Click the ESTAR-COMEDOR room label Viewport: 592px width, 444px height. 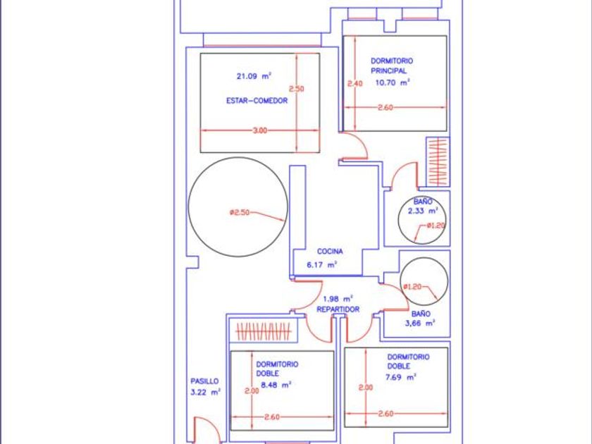tap(257, 101)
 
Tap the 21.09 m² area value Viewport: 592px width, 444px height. tap(254, 76)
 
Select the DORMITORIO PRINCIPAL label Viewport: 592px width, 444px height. tap(392, 66)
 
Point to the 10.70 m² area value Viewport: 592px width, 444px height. tap(393, 82)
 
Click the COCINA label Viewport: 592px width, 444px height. tap(330, 252)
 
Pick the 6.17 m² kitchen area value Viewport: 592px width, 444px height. tap(321, 265)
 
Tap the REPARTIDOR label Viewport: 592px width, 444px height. tap(338, 309)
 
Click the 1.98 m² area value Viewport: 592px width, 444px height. tap(338, 299)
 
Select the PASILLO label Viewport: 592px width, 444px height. tap(204, 381)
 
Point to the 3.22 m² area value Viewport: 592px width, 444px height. tap(205, 393)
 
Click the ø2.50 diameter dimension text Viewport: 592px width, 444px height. tap(240, 213)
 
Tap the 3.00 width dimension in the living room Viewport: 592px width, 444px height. tap(259, 130)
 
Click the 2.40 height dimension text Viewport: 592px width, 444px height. tap(355, 84)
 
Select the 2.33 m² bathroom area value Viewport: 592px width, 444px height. tap(423, 211)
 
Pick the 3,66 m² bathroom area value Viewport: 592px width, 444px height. tap(420, 323)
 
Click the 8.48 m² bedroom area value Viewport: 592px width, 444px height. tap(276, 386)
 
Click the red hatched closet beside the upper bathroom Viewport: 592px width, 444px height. tap(438, 162)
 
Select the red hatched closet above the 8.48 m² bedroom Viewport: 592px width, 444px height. tap(264, 331)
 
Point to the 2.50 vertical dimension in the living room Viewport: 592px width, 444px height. tap(297, 89)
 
